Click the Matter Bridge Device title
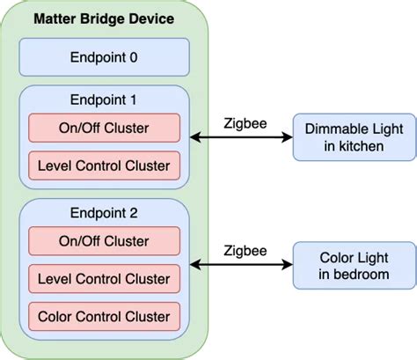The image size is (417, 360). pyautogui.click(x=105, y=18)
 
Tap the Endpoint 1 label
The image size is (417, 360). pyautogui.click(x=105, y=100)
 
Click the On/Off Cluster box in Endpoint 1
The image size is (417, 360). pyautogui.click(x=105, y=129)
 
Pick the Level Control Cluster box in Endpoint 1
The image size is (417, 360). pyautogui.click(x=105, y=164)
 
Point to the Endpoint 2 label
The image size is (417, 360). pyautogui.click(x=105, y=213)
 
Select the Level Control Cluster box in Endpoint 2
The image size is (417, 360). pyautogui.click(x=105, y=278)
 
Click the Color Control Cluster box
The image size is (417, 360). pyautogui.click(x=105, y=315)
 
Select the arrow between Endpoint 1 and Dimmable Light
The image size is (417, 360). pyautogui.click(x=241, y=137)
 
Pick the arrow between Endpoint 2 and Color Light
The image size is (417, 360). pyautogui.click(x=241, y=263)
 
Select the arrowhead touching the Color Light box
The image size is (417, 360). pyautogui.click(x=286, y=263)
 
